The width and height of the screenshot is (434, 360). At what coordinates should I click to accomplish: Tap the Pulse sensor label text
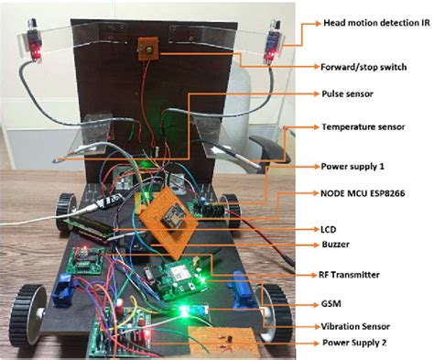tap(347, 93)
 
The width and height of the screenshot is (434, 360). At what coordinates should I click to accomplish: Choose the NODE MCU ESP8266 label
tap(363, 194)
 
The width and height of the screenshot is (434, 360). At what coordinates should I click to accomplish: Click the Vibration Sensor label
tap(356, 326)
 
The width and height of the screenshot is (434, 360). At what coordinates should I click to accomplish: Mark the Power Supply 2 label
tap(353, 344)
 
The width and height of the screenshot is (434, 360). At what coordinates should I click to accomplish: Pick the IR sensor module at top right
tap(272, 46)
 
